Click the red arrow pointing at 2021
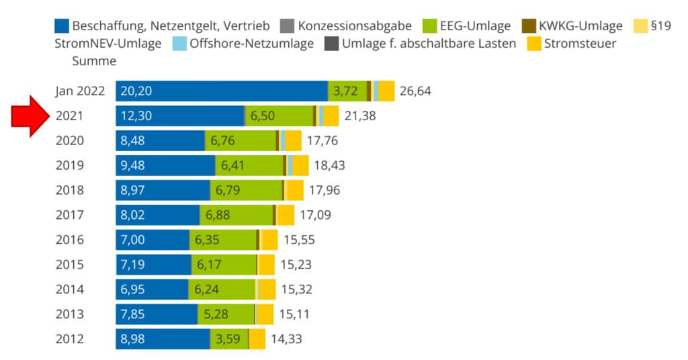31,116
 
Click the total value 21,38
360,116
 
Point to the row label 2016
70,240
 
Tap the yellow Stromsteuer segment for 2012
257,339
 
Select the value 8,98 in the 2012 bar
135,339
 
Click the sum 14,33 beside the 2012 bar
286,339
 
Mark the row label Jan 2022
80,91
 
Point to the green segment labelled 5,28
226,314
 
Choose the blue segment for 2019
165,165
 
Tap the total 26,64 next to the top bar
415,91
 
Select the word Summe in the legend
94,61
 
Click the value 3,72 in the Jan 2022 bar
345,91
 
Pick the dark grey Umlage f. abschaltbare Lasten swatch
332,44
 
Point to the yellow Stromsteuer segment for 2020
293,140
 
